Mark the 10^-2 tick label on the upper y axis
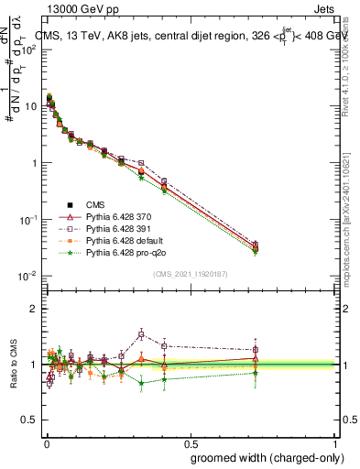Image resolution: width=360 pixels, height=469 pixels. [27, 276]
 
